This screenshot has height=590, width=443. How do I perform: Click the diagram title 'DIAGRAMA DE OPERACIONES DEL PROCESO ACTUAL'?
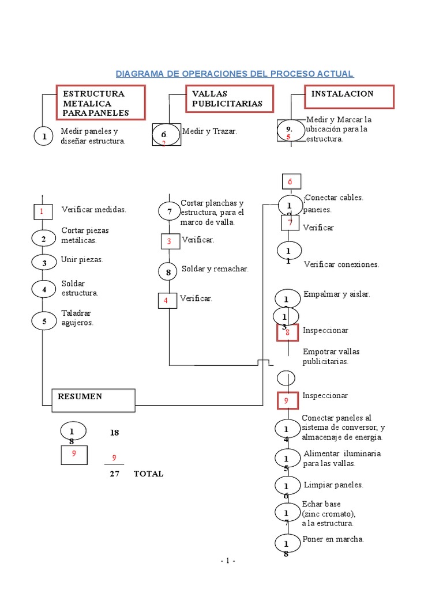235,74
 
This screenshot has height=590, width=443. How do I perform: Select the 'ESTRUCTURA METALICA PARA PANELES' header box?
100,103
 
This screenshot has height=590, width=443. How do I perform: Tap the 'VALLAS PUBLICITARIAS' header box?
229,99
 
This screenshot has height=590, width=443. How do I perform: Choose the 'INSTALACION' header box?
349,96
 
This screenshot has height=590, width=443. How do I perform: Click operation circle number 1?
43,137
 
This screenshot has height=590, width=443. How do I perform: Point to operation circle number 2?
43,238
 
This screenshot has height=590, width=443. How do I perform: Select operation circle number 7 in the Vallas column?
168,211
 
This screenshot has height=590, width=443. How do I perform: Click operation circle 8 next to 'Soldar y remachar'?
168,271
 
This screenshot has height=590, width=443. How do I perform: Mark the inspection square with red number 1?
42,211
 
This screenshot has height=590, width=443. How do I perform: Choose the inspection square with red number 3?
169,241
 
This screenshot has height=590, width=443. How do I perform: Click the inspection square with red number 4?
167,300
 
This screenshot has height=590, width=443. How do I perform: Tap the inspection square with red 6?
291,181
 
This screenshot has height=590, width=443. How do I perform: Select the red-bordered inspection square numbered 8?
287,332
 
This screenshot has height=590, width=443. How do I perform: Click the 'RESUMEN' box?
93,400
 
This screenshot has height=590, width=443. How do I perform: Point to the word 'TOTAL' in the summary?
148,474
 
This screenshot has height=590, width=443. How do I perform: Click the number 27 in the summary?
114,474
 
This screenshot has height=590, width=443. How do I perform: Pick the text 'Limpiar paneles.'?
333,485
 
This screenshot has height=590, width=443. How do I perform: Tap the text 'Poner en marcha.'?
333,539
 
